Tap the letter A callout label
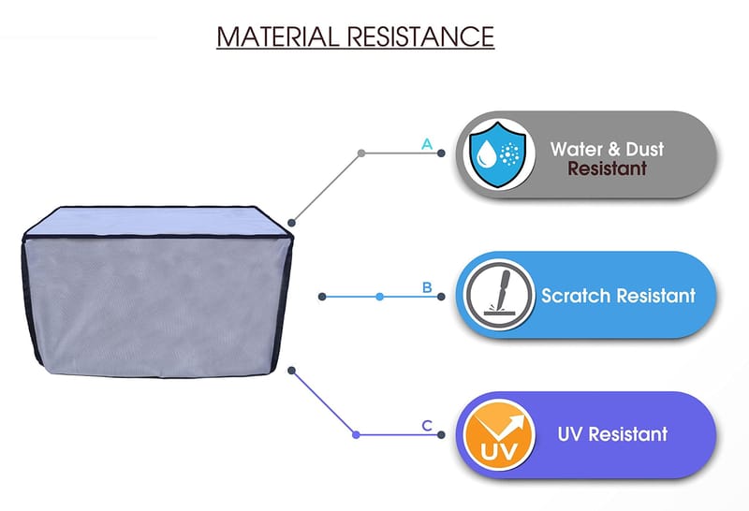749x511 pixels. (427, 144)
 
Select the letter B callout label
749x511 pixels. (427, 287)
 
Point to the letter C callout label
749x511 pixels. (427, 426)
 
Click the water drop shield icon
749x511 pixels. (495, 153)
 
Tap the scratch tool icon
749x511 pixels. (494, 295)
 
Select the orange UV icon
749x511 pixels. (494, 434)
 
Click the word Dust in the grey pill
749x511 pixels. (647, 149)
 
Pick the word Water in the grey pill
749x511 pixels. (580, 149)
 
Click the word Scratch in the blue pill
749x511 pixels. (575, 296)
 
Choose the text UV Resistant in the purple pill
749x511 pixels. (612, 434)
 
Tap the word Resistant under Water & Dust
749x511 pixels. (607, 169)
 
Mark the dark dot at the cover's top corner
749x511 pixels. (292, 223)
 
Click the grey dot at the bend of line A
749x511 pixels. (361, 153)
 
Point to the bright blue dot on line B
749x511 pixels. (379, 296)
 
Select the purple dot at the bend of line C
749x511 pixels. (356, 434)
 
